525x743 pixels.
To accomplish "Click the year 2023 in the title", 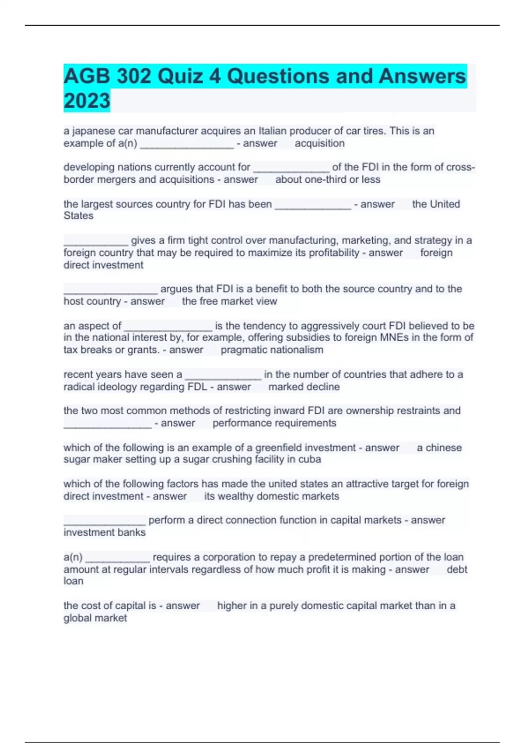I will pos(87,101).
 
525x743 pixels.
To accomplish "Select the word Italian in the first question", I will pos(273,131).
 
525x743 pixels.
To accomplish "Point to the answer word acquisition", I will pos(319,143).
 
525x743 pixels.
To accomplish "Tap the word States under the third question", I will pos(78,215).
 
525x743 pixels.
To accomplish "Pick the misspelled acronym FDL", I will pos(197,387).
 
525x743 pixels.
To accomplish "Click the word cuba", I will pos(310,459).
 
